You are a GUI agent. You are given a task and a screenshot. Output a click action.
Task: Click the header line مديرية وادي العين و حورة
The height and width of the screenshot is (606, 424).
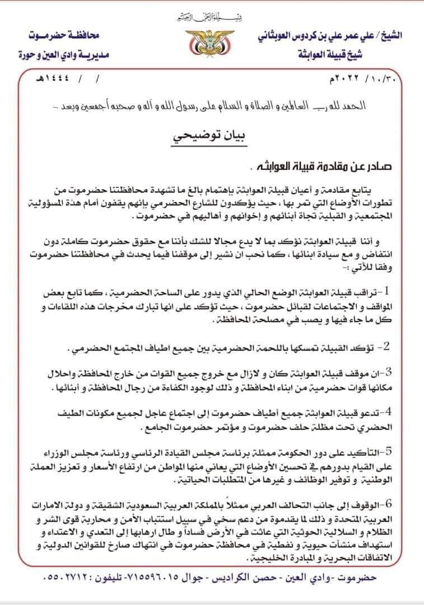point(62,56)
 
